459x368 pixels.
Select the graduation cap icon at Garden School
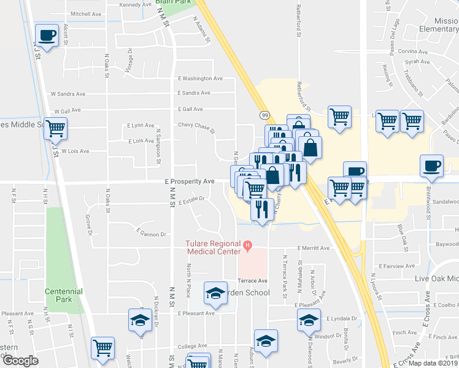tap(215, 295)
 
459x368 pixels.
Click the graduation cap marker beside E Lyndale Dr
tap(309, 320)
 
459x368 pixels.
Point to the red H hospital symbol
tap(247, 247)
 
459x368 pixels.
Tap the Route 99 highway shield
tap(264, 115)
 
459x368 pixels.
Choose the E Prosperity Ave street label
tap(190, 181)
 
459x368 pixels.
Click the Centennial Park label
tap(59, 295)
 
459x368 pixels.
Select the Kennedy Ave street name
tap(136, 4)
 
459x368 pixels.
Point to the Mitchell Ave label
tap(85, 13)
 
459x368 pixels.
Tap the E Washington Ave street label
tap(200, 79)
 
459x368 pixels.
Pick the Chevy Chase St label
tap(196, 127)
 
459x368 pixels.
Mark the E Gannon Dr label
tap(152, 234)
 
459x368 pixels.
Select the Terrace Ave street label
tap(253, 280)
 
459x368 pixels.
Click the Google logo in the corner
tap(20, 361)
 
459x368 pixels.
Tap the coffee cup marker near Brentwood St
tap(431, 166)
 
